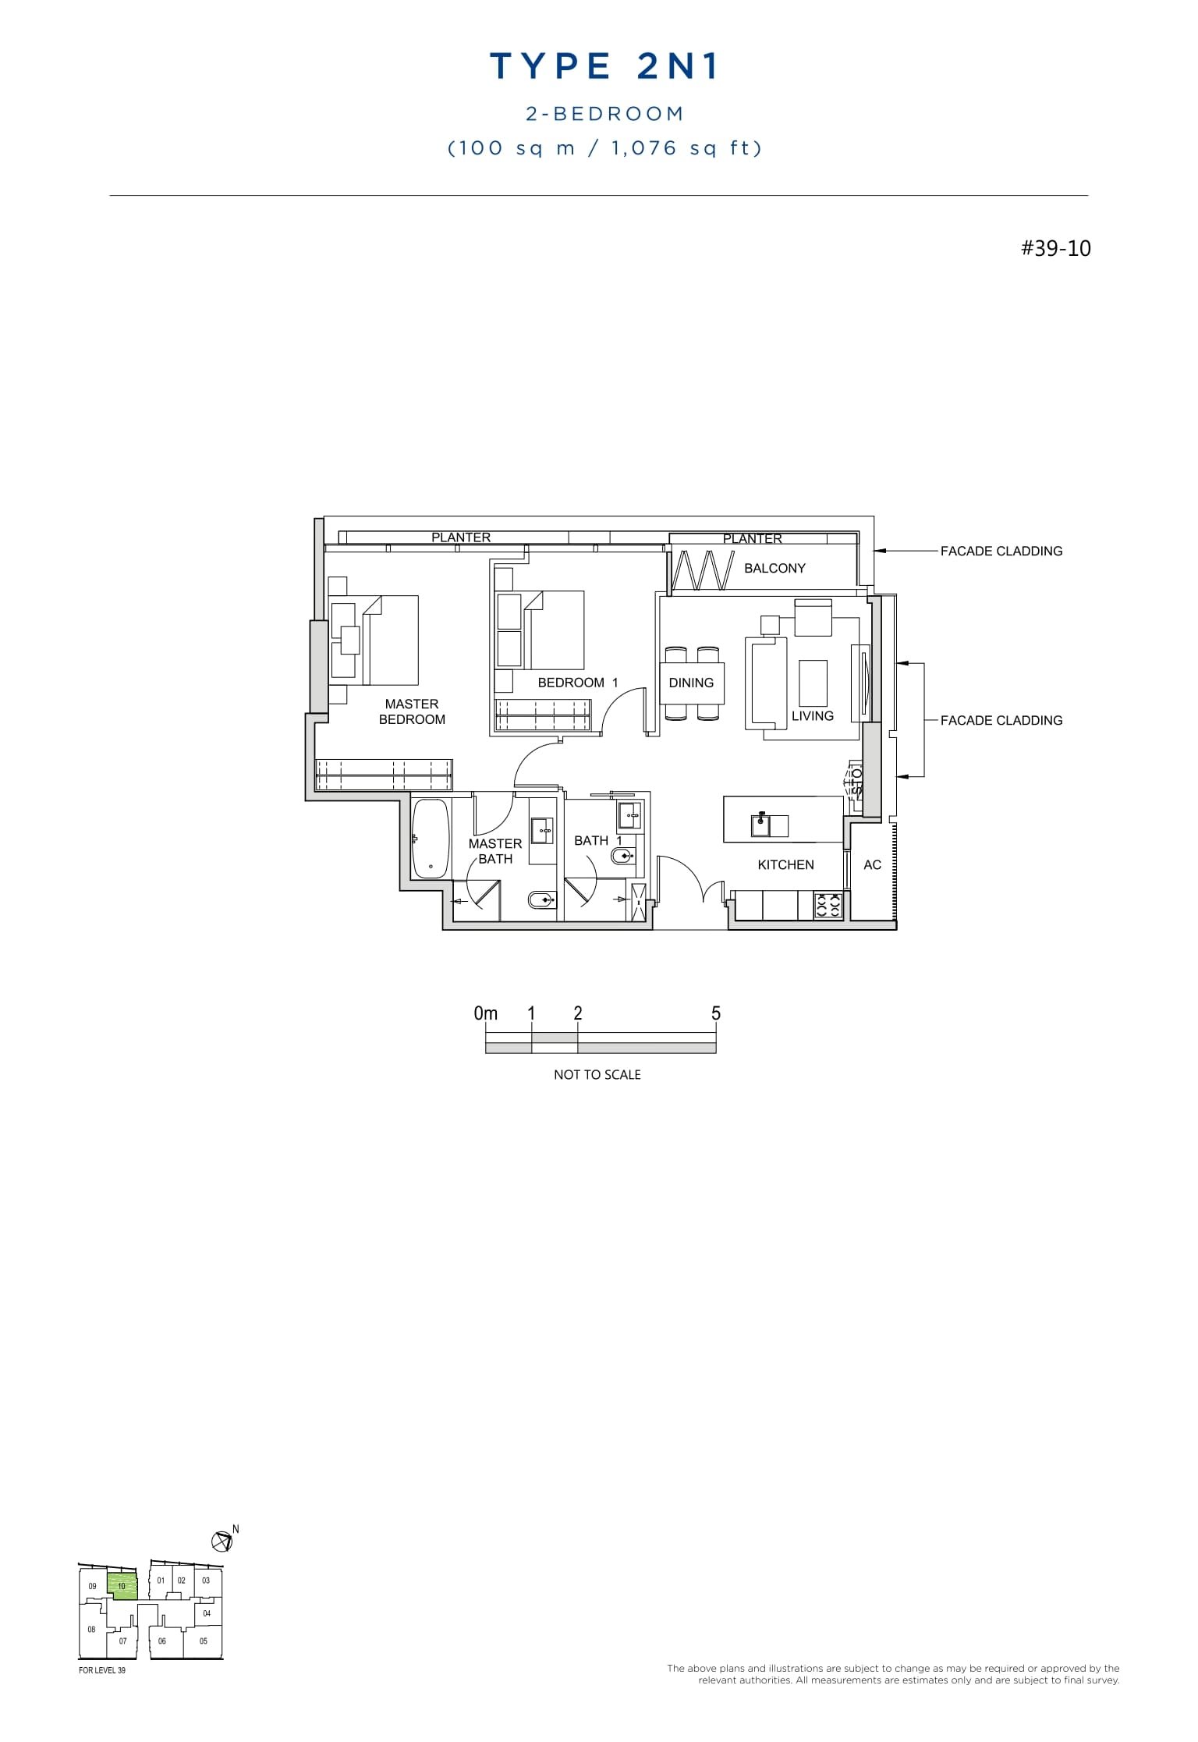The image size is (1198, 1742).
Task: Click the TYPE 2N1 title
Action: (604, 67)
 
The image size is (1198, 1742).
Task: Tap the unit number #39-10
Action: (1055, 249)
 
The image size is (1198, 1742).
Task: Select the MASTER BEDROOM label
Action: (412, 711)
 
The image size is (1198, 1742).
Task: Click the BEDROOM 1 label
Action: (577, 683)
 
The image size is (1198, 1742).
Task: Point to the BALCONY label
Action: (774, 568)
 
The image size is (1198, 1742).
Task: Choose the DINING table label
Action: (691, 683)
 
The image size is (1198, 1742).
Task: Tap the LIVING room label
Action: (812, 715)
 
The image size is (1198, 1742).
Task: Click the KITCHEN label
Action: (785, 864)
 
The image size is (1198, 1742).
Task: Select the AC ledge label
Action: (872, 864)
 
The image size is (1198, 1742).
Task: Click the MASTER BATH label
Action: (495, 851)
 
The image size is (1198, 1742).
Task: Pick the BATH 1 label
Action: (597, 840)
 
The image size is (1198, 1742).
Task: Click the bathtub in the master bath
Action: (431, 839)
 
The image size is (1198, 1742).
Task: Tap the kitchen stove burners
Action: (828, 905)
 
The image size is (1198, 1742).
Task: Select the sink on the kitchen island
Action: (760, 824)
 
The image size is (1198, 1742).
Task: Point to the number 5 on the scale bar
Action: (716, 1013)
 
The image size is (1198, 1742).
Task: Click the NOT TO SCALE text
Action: (597, 1074)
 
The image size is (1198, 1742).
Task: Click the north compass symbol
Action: (222, 1541)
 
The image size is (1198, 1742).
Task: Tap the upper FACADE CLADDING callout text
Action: (1001, 551)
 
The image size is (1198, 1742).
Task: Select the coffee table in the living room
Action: (813, 683)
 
